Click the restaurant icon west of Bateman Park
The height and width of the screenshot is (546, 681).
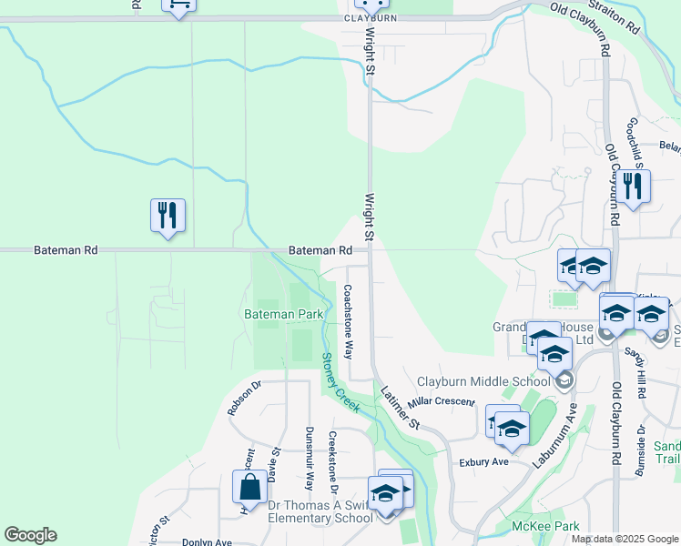tap(168, 216)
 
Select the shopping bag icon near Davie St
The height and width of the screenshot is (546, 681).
tap(249, 487)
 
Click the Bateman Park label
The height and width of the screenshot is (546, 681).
tap(284, 314)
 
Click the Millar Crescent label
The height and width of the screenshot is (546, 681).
tap(442, 401)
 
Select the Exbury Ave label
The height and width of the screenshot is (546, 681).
tap(483, 461)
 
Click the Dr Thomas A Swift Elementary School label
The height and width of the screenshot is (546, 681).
tap(320, 511)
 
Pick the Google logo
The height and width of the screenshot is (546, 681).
tap(30, 535)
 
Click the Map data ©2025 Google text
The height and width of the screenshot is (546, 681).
tap(625, 539)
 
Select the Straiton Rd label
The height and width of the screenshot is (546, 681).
tap(615, 17)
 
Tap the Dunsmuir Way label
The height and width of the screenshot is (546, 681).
tap(310, 458)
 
